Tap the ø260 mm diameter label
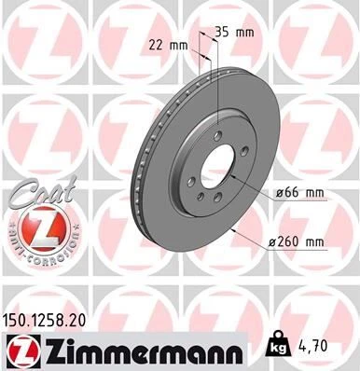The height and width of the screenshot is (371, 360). pyautogui.click(x=296, y=244)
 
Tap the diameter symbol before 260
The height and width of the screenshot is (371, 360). pyautogui.click(x=273, y=244)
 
